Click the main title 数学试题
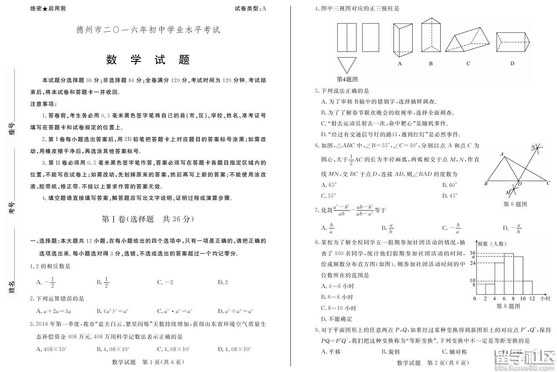click(148, 60)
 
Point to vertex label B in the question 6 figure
click(486, 184)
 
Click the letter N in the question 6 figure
click(534, 147)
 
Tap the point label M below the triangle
click(508, 192)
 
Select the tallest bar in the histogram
click(509, 274)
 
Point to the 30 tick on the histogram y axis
click(472, 253)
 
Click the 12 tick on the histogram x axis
click(532, 299)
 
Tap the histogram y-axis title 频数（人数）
click(492, 244)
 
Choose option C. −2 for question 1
click(165, 282)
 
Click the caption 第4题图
click(347, 79)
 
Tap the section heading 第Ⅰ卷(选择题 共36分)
click(148, 219)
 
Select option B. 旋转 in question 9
click(391, 352)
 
